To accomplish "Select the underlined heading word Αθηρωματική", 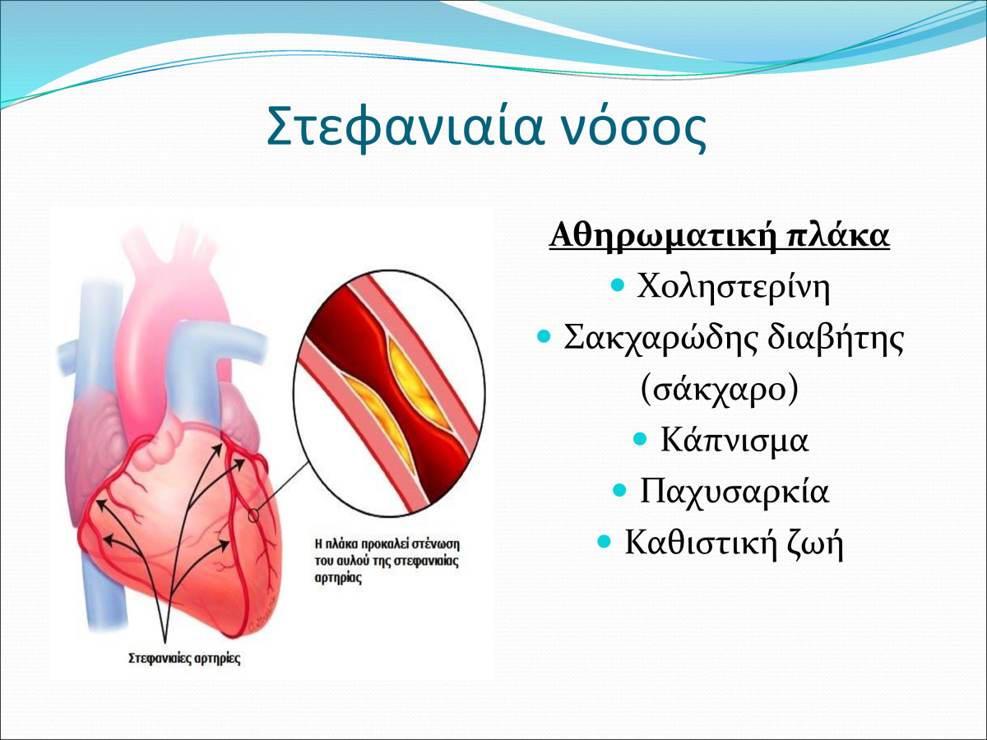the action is (663, 237).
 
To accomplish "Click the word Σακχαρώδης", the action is (659, 338).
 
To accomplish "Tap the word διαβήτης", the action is (835, 338).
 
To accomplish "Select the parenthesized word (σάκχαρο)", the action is (720, 389).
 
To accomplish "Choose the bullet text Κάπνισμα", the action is (734, 440).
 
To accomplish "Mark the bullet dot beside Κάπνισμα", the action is (639, 438).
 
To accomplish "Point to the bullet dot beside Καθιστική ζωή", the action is (605, 541).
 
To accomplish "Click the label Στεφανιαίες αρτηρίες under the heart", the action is (184, 659).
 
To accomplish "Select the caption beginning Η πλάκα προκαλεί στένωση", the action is (387, 562).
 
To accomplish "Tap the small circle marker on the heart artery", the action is (253, 516).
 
